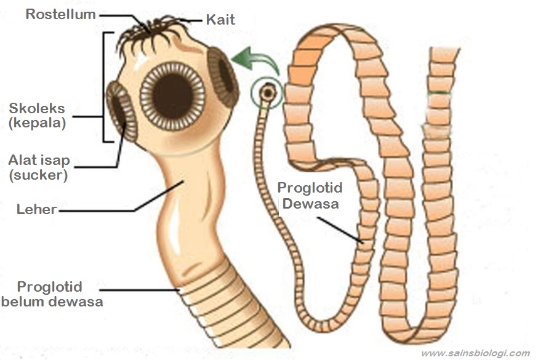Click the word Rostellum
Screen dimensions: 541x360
pyautogui.click(x=60, y=14)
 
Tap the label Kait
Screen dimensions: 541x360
pyautogui.click(x=220, y=20)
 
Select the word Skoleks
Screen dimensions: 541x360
pyautogui.click(x=36, y=109)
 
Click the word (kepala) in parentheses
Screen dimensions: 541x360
pyautogui.click(x=37, y=122)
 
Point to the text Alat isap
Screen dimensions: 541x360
pyautogui.click(x=39, y=161)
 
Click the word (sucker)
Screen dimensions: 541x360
pyautogui.click(x=38, y=175)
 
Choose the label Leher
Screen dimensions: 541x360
pyautogui.click(x=36, y=210)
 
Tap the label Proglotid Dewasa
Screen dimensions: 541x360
pyautogui.click(x=309, y=195)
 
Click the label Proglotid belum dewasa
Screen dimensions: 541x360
pyautogui.click(x=51, y=294)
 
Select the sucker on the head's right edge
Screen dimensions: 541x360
pyautogui.click(x=224, y=76)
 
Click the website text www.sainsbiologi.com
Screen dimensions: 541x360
pyautogui.click(x=475, y=353)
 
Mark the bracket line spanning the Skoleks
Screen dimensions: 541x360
pyautogui.click(x=104, y=86)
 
